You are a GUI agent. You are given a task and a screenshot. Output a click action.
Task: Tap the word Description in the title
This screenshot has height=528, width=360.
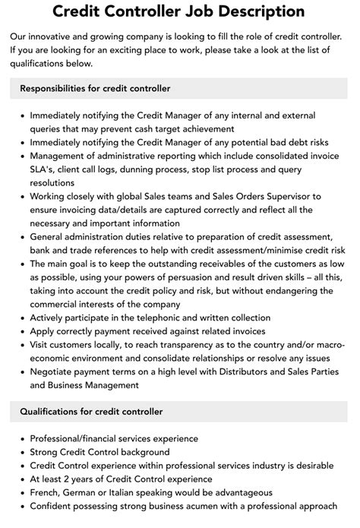pyautogui.click(x=256, y=11)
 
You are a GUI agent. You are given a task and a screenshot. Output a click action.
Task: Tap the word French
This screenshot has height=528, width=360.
pyautogui.click(x=45, y=492)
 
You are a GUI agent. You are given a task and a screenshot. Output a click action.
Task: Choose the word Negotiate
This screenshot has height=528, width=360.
pyautogui.click(x=54, y=373)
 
